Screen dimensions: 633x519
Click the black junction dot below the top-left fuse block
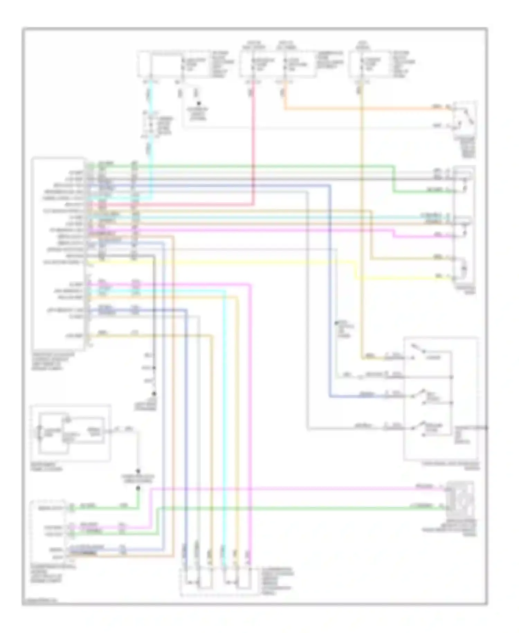tap(199, 103)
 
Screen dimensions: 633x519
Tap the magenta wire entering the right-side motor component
tap(422, 237)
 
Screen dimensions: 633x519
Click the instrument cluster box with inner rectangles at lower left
tap(71, 433)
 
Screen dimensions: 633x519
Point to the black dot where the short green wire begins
tap(138, 488)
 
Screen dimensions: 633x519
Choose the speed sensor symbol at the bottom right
tap(460, 498)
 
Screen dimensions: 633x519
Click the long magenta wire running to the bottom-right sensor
tap(294, 489)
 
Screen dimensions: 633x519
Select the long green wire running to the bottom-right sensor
tap(294, 508)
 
